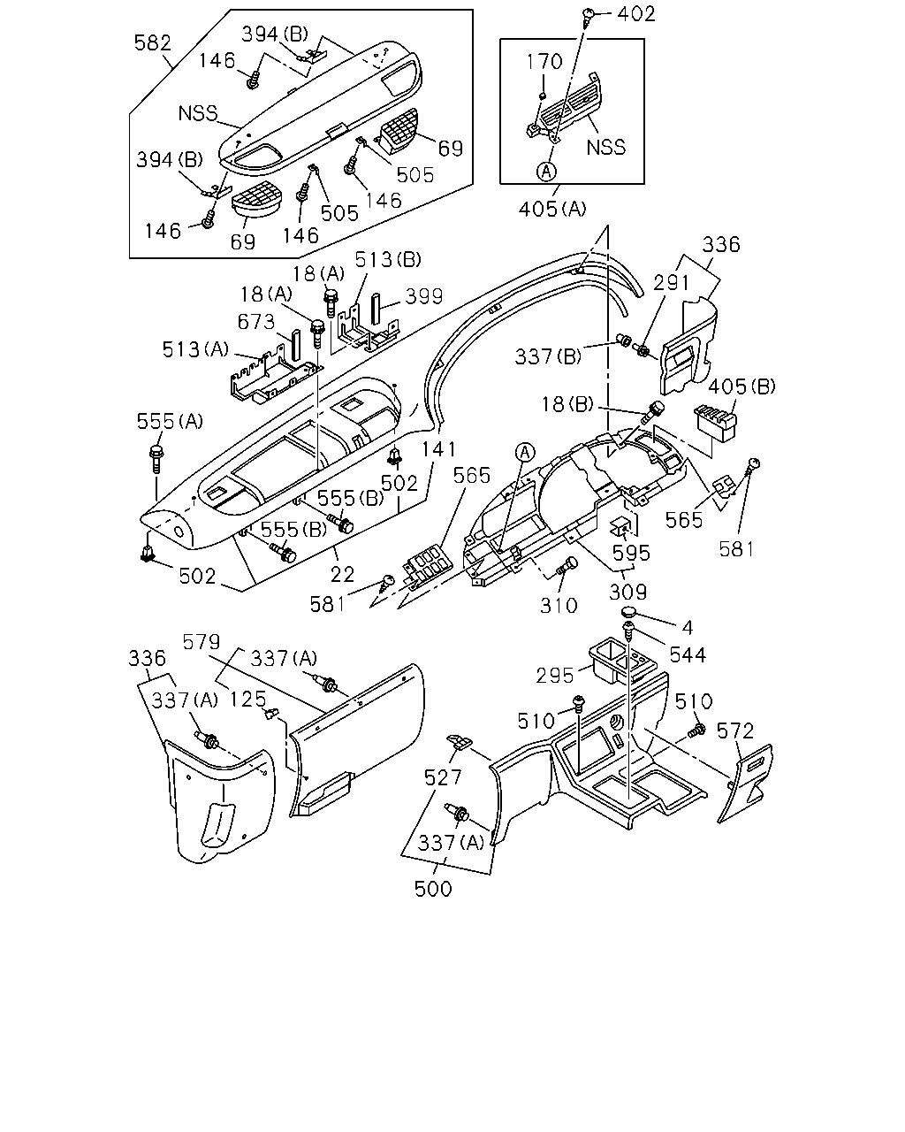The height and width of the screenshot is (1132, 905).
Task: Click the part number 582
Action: [153, 43]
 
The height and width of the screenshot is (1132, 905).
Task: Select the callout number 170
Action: [544, 62]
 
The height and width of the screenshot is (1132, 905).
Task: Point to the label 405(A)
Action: [552, 210]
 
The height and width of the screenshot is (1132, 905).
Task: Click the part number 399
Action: [424, 296]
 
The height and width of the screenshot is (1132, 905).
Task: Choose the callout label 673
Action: [256, 322]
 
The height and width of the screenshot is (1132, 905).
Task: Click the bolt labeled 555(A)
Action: [156, 459]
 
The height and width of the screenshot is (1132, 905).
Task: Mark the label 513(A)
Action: [195, 349]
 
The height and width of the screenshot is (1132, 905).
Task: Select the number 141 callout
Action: [439, 449]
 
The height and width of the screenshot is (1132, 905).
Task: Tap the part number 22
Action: [342, 575]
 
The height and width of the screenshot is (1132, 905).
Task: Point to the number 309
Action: [627, 593]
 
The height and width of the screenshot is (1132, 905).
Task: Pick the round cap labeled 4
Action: [628, 612]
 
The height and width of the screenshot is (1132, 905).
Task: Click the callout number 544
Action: [688, 655]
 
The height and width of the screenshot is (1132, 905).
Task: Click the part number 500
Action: [433, 890]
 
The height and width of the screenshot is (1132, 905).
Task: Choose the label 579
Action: [202, 642]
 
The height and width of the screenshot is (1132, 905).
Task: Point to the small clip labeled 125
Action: [271, 714]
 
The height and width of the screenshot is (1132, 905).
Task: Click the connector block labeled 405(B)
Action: [715, 423]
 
